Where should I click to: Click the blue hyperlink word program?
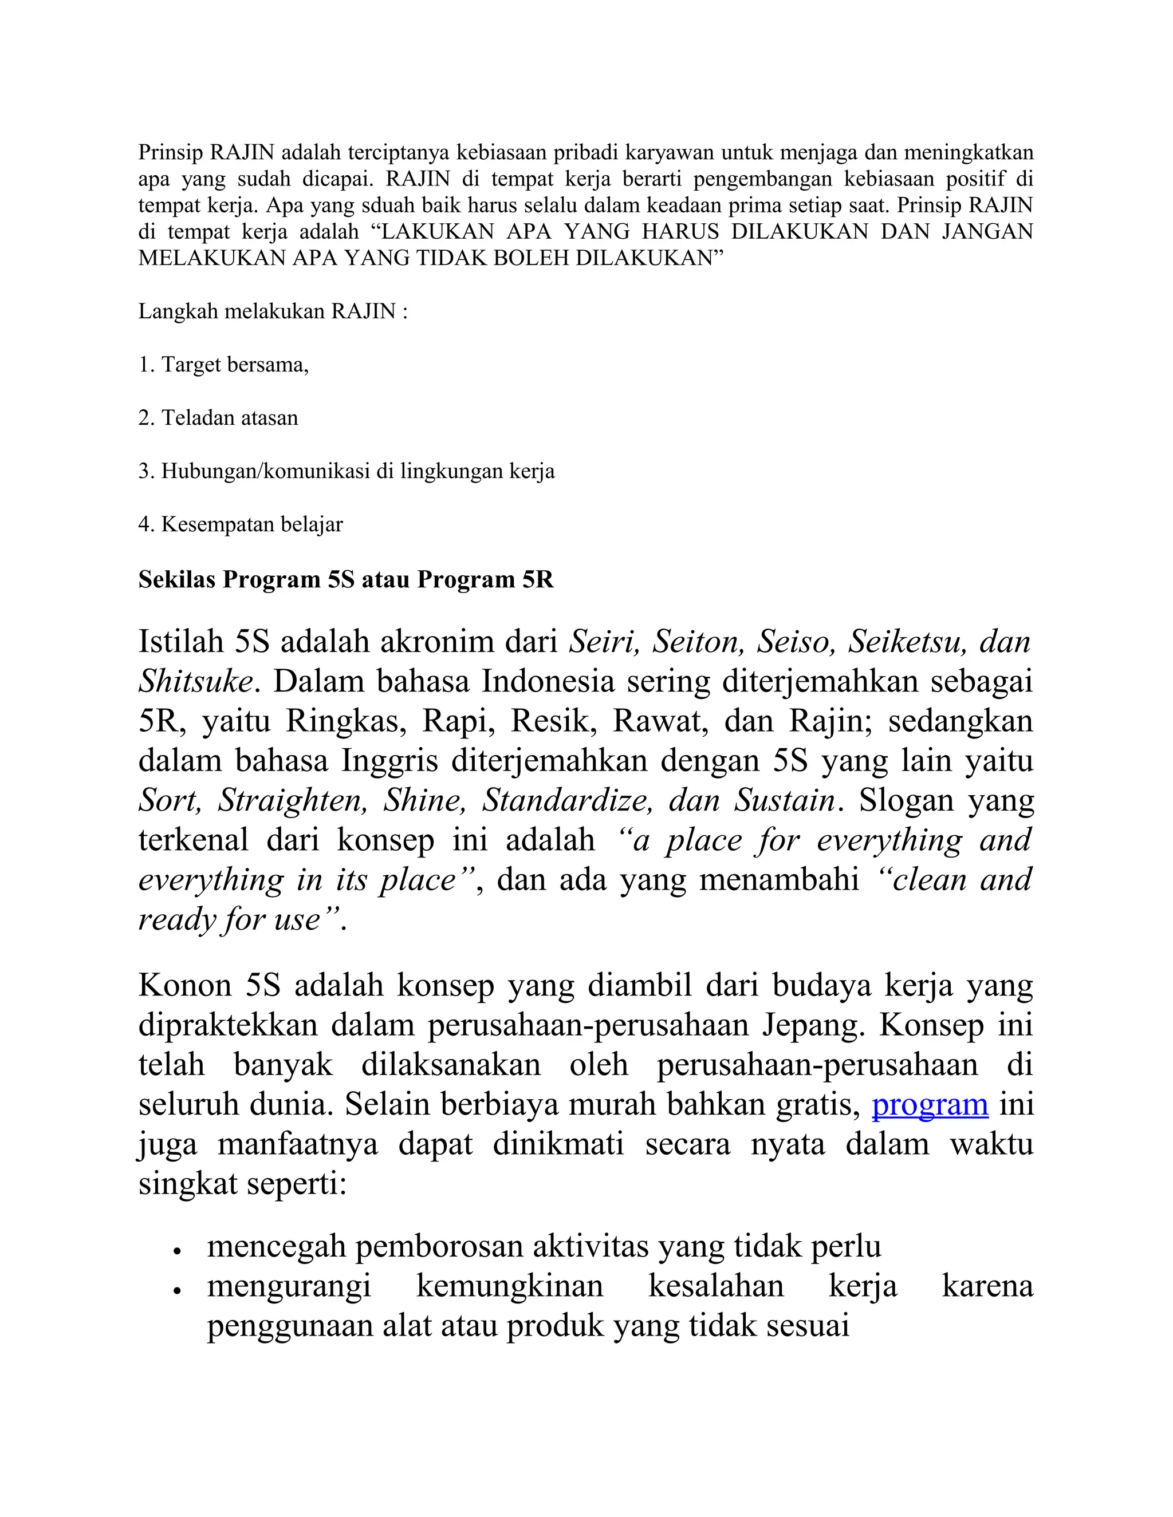[x=930, y=1104]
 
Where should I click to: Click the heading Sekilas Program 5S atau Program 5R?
[x=345, y=579]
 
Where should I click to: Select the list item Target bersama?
[x=234, y=365]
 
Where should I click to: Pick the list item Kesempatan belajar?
[x=251, y=524]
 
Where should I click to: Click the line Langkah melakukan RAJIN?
[x=273, y=311]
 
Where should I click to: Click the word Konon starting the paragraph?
[x=184, y=986]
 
